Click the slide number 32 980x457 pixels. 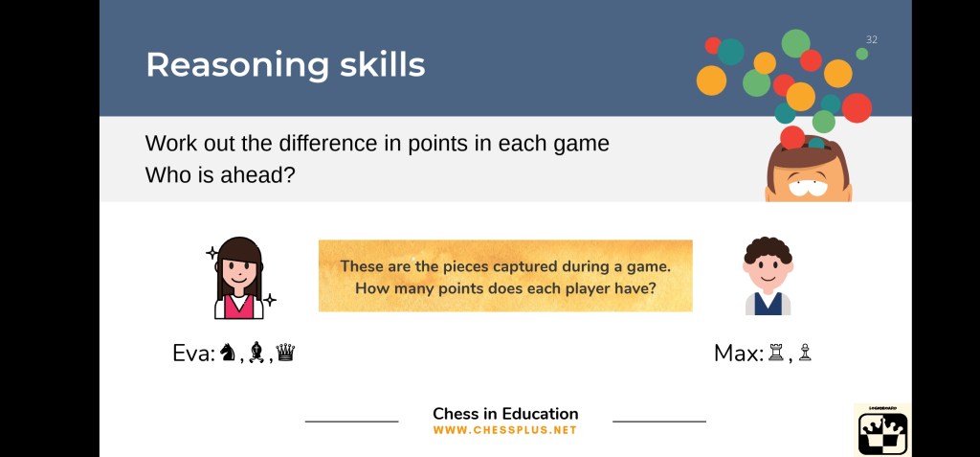(x=871, y=39)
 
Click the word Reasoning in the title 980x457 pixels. (x=237, y=65)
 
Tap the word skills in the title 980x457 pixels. (x=383, y=64)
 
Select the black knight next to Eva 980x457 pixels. (x=228, y=354)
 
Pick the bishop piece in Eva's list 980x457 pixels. (x=255, y=354)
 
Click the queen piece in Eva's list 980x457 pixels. (x=285, y=354)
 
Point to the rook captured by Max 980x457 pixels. (x=775, y=354)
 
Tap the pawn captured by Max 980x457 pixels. (x=805, y=354)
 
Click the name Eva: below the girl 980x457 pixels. (x=193, y=354)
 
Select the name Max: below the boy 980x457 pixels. (x=740, y=354)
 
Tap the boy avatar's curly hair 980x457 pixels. (x=768, y=250)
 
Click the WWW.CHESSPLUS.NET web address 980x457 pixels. (x=505, y=431)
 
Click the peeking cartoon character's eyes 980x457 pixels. (x=808, y=186)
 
